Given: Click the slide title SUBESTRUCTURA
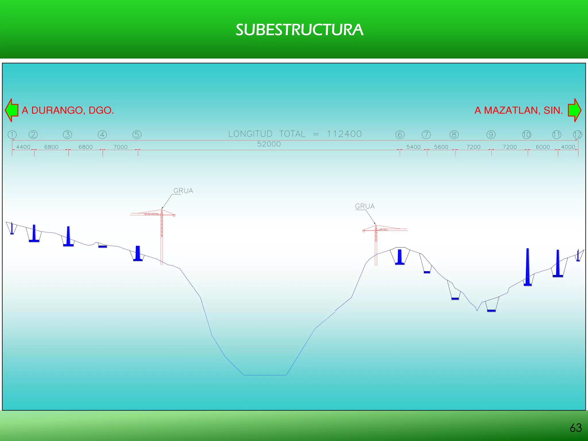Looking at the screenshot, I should point(299,30).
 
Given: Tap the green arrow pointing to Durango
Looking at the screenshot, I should point(11,110).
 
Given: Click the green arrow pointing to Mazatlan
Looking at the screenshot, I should point(574,110).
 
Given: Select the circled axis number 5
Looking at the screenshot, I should point(137,135).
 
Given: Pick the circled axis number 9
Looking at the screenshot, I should point(491,135).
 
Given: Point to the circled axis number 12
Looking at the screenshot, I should point(577,135).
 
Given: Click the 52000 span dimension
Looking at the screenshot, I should point(269,144).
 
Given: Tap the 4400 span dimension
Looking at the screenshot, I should point(23,147).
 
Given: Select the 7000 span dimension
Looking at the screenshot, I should point(120,147).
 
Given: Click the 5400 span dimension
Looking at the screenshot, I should point(413,147).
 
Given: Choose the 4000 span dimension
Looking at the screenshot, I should point(568,147).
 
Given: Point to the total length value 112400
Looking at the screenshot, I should point(344,134).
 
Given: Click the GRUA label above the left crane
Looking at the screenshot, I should point(183,191).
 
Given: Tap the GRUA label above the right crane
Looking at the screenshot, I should point(365,206).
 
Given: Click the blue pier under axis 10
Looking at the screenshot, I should point(528,267).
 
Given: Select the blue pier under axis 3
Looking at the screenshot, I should point(68,237).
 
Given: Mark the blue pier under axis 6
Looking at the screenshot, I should point(400,257).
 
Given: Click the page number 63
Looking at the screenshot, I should point(576,428).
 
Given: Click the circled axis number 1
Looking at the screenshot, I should point(12,135).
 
